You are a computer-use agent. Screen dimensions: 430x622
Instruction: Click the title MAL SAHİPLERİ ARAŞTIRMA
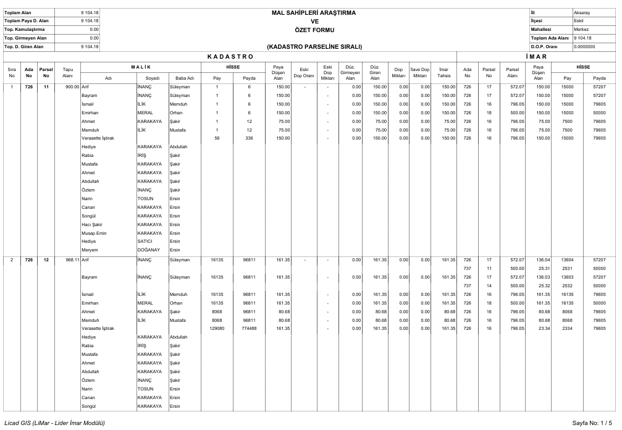(313, 12)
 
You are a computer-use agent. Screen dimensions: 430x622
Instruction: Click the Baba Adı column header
(185, 78)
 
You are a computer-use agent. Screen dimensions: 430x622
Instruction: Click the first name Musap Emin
(94, 233)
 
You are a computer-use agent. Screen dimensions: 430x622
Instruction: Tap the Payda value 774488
(249, 329)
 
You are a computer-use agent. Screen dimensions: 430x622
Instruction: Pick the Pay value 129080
(216, 329)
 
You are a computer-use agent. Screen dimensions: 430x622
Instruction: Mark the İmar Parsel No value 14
(489, 286)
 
